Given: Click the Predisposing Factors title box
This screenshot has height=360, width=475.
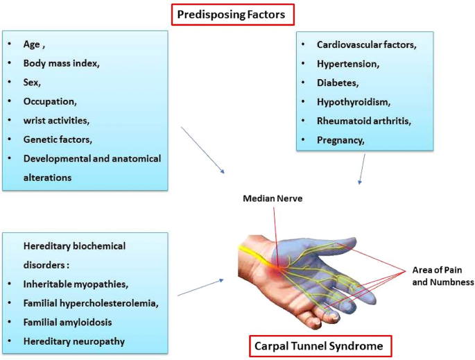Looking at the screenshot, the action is [x=233, y=15].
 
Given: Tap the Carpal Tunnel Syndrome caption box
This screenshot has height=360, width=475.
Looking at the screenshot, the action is [x=320, y=345].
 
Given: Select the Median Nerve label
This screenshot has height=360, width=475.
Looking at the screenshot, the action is [x=273, y=198].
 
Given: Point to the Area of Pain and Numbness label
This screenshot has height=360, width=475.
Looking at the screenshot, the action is [x=443, y=276].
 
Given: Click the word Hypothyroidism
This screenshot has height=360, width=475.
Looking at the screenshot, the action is [x=353, y=102].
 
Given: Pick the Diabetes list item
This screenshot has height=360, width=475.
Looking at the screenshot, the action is [x=338, y=83].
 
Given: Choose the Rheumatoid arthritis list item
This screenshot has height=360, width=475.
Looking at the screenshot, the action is [x=364, y=121].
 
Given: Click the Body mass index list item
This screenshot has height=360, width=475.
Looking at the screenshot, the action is [x=62, y=63].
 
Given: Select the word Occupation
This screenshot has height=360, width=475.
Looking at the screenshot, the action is [x=49, y=101].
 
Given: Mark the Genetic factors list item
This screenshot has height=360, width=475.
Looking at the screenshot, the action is [x=58, y=139].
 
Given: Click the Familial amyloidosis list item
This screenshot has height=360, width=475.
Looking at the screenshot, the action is [x=67, y=322].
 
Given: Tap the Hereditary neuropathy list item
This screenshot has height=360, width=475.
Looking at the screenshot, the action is [x=74, y=341].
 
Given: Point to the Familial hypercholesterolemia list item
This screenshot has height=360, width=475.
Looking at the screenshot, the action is [x=91, y=303].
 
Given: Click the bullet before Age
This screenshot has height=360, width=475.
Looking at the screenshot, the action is [x=10, y=44].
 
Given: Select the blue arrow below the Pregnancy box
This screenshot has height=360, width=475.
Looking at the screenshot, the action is [x=362, y=169].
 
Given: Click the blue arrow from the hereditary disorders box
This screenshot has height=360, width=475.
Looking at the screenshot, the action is [x=201, y=287].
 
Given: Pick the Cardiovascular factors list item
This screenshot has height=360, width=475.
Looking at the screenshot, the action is [x=367, y=44].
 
